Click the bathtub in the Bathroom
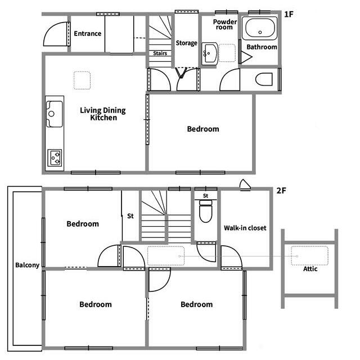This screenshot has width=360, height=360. tap(260, 29)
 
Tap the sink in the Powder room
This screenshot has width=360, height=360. tap(209, 54)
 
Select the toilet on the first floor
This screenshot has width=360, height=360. tap(264, 79)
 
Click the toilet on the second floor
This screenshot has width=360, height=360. tap(205, 211)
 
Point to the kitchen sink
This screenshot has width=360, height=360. tap(55, 114)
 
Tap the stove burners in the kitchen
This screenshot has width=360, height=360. tap(55, 157)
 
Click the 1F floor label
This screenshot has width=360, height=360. tap(289, 15)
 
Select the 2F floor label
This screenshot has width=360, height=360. tap(281, 191)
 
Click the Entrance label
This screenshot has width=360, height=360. tap(88, 34)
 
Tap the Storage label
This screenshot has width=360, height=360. tap(186, 43)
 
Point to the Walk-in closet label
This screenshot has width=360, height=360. tap(245, 228)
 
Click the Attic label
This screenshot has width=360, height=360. tap(310, 269)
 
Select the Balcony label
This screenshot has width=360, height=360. tap(28, 265)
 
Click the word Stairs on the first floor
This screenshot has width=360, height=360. tap(160, 53)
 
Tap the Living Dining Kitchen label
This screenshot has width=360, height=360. tap(103, 114)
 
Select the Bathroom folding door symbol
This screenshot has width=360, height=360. tap(246, 57)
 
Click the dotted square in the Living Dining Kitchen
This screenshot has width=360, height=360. tap(82, 80)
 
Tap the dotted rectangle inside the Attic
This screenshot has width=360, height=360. tap(309, 255)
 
